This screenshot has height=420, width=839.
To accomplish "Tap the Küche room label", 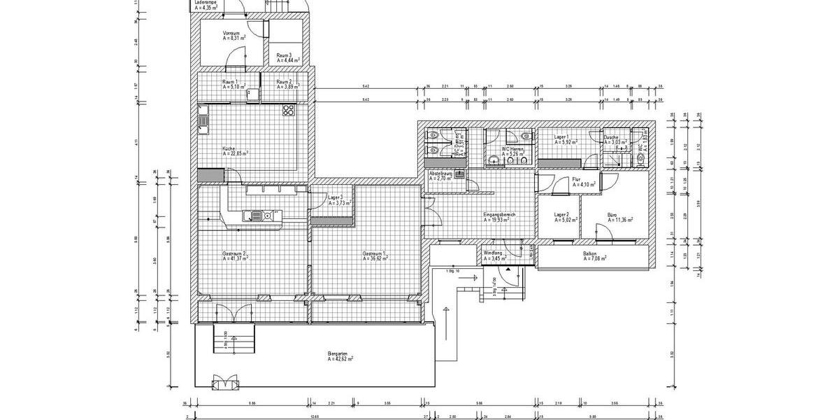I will tap(229, 149).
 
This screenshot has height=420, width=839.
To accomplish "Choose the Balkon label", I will tap(590, 253).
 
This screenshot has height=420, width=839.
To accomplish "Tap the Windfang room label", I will tap(493, 254).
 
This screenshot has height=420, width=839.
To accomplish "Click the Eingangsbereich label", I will tap(499, 214).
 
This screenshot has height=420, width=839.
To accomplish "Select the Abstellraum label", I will tap(441, 173).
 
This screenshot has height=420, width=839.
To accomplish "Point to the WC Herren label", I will tap(512, 148).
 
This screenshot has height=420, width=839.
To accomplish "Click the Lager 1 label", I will tap(561, 137).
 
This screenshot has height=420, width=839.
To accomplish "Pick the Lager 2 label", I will tap(561, 215).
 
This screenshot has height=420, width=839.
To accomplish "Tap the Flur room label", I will tap(577, 180).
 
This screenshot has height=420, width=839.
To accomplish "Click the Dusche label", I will tap(611, 137).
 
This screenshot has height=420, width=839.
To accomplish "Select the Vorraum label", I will tap(231, 34).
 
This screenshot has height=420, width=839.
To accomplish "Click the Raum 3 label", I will tap(284, 55).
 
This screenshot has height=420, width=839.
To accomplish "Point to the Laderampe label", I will tap(206, 3).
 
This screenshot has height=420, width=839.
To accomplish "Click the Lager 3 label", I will tap(336, 198).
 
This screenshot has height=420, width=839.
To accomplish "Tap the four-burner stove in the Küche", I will tap(288, 110).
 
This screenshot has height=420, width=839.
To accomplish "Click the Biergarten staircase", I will tap(227, 344).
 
